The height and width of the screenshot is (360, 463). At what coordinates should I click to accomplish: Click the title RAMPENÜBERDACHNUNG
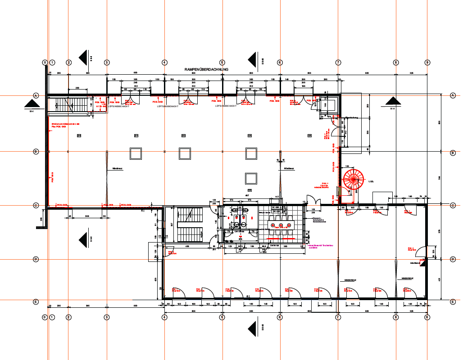pyautogui.click(x=207, y=69)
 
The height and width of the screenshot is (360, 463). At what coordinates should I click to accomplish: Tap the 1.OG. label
pyautogui.click(x=371, y=181)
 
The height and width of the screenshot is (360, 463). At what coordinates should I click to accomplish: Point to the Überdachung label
pyautogui.click(x=351, y=118)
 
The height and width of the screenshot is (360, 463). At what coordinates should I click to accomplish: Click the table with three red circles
pyautogui.click(x=280, y=225)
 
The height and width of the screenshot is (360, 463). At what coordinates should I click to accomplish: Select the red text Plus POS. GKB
pyautogui.click(x=58, y=127)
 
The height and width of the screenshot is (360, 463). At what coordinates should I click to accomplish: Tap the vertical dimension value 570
pyautogui.click(x=440, y=232)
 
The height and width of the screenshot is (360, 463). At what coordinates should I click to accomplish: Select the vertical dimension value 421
pyautogui.click(x=440, y=279)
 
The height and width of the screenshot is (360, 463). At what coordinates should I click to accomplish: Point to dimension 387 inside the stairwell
pyautogui.click(x=172, y=225)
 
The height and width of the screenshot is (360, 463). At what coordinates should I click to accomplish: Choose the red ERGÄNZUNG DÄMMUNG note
pyautogui.click(x=65, y=124)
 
